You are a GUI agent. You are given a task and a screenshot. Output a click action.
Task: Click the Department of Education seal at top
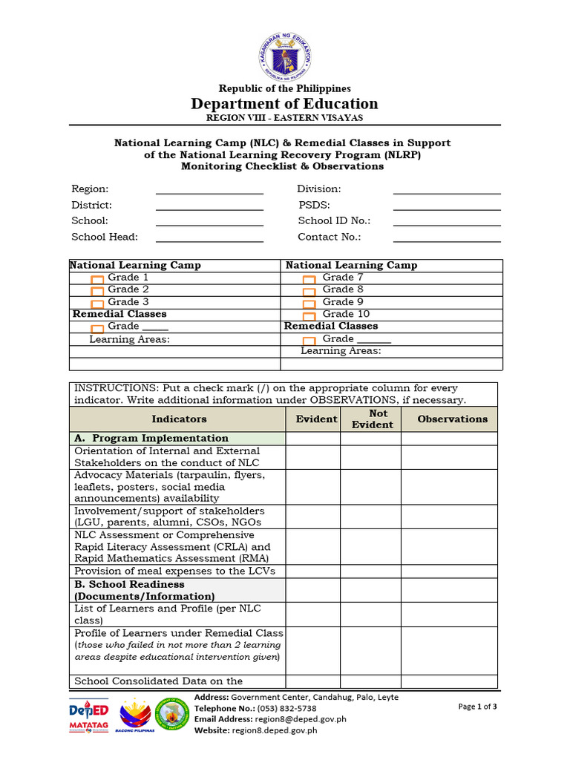pos(285,56)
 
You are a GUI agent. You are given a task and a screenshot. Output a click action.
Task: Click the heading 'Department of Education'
pos(285,104)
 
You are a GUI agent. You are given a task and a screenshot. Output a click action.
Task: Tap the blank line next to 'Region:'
pos(209,189)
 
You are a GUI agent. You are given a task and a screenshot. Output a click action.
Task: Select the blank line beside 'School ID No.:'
pos(447,220)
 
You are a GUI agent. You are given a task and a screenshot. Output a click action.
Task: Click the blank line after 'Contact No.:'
pos(447,237)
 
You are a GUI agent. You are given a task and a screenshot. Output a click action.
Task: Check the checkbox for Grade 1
pos(97,280)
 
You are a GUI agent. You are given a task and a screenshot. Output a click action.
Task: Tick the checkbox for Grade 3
pos(97,304)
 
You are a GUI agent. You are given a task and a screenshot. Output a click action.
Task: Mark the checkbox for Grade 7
pos(309,280)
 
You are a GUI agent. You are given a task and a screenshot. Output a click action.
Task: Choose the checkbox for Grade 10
pos(309,315)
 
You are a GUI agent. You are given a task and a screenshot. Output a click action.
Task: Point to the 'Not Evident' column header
pos(371,419)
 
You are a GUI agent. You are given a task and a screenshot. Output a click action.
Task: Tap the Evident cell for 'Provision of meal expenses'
pos(313,571)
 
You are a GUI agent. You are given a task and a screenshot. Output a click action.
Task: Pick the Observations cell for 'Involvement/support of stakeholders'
pos(449,517)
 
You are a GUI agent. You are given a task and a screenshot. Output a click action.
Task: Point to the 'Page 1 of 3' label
pos(477,707)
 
